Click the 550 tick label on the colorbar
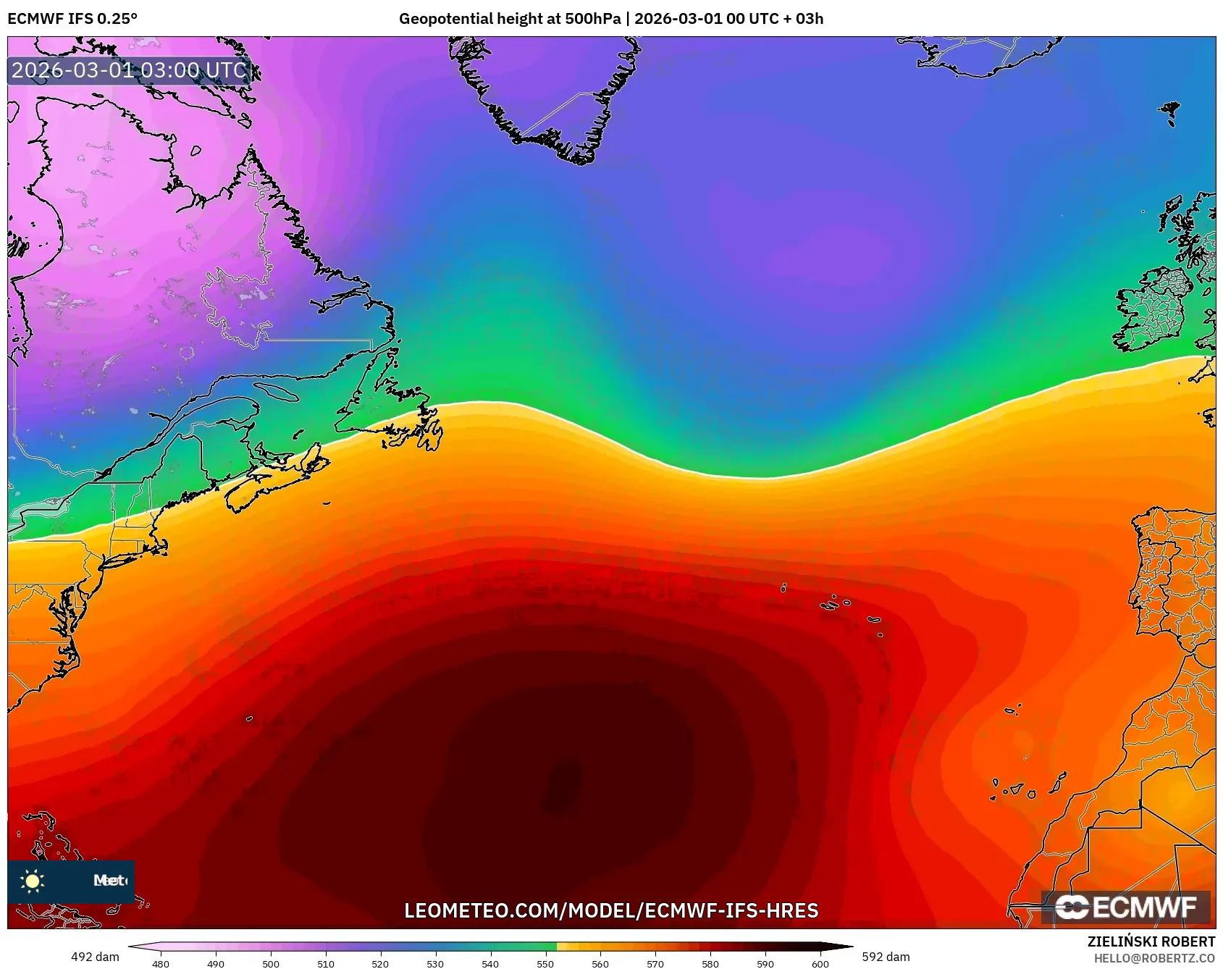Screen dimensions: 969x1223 545,964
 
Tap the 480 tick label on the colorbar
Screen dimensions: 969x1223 161,964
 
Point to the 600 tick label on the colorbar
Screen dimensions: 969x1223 820,964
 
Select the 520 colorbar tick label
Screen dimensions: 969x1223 380,964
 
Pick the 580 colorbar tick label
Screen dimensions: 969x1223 710,964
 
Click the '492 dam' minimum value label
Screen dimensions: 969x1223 95,957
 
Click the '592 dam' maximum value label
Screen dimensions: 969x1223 886,957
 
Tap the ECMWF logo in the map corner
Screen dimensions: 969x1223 1125,907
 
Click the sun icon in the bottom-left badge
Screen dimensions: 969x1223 33,881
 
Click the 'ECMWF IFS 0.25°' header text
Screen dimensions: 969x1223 72,19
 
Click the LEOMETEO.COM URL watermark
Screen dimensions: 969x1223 611,910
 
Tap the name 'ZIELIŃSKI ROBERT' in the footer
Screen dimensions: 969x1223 1151,941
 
